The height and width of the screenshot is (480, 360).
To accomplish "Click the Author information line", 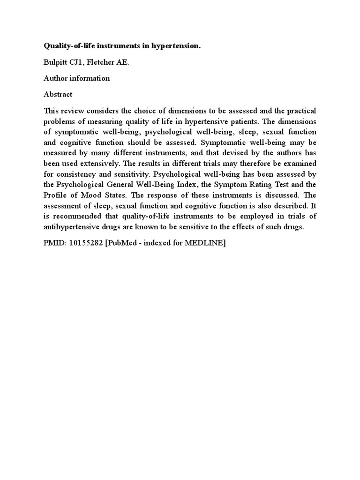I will tap(76, 78).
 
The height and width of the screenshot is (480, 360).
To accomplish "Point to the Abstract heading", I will tap(58, 94).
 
